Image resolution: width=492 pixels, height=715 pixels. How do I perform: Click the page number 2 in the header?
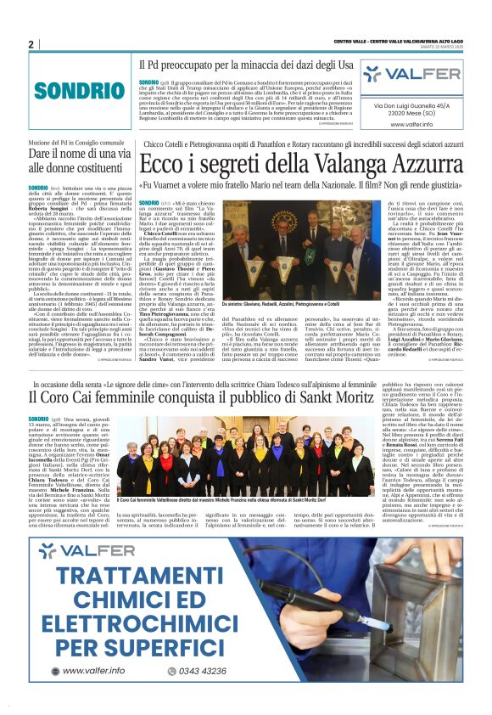[x=31, y=43]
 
